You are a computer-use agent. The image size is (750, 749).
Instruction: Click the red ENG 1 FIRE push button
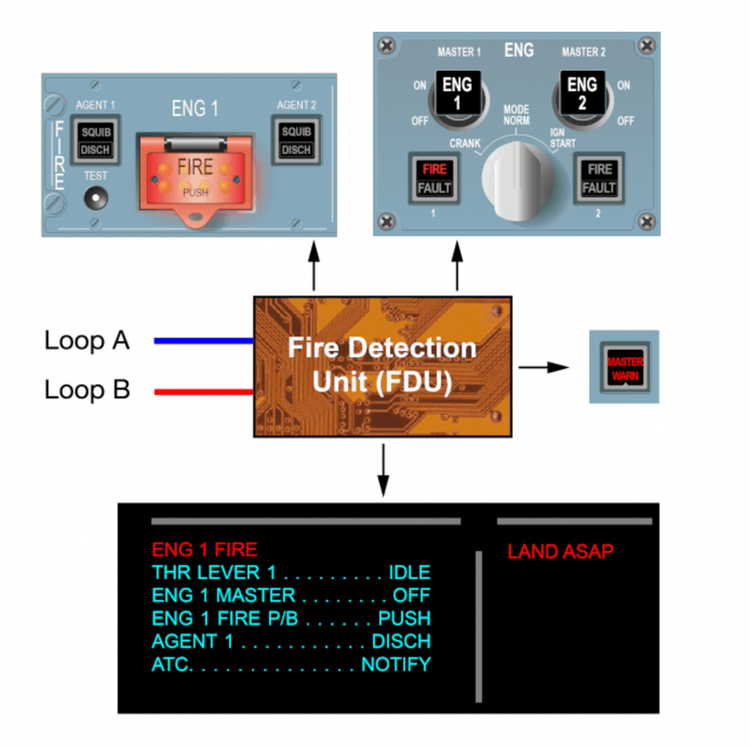(195, 175)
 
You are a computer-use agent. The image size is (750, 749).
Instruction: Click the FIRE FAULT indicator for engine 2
(599, 178)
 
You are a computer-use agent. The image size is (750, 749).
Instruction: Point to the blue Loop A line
(202, 342)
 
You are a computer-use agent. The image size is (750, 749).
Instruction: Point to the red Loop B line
(202, 392)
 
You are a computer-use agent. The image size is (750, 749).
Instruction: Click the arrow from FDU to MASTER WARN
(544, 367)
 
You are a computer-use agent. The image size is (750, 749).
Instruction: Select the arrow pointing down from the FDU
(383, 470)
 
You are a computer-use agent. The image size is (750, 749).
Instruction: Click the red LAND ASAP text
(560, 552)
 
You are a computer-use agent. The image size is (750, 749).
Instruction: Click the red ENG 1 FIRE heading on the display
(205, 549)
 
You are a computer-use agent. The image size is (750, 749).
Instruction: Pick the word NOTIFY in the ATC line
(395, 664)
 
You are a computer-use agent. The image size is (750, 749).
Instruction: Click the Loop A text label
(87, 341)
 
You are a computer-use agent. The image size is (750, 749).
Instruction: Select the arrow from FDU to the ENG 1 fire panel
(314, 267)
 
